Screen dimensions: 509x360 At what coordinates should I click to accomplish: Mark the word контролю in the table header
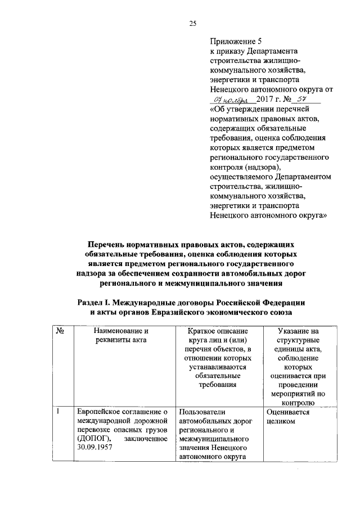pos(302,403)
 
